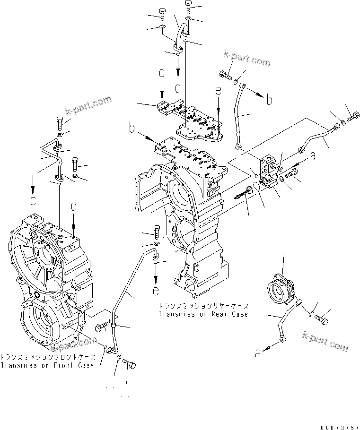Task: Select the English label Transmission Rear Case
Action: pyautogui.click(x=203, y=314)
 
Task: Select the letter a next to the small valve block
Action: pyautogui.click(x=312, y=155)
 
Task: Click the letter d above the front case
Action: pyautogui.click(x=74, y=206)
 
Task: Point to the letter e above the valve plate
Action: pyautogui.click(x=218, y=91)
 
